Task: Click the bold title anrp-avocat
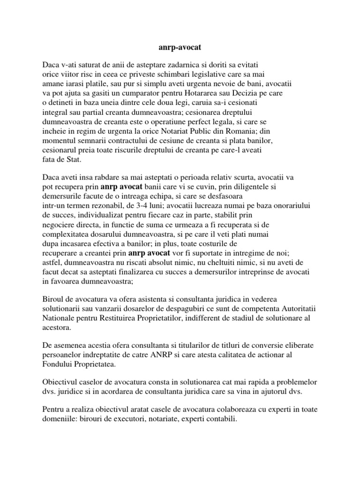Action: [180, 47]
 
